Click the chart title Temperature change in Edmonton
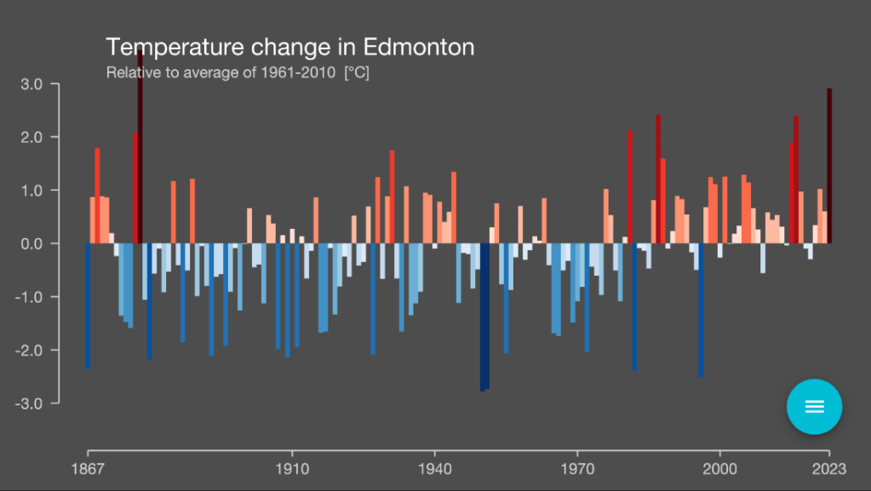tap(289, 47)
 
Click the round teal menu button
tap(814, 406)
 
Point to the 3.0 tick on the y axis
tap(32, 84)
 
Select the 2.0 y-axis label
tap(32, 137)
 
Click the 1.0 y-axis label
tap(32, 191)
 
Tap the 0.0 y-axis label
tap(32, 243)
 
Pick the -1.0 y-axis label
tap(30, 297)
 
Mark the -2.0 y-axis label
tap(30, 350)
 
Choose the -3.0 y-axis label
tap(30, 403)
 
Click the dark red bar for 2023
tap(829, 166)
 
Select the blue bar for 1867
tap(88, 306)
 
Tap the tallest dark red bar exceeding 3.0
tap(140, 145)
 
